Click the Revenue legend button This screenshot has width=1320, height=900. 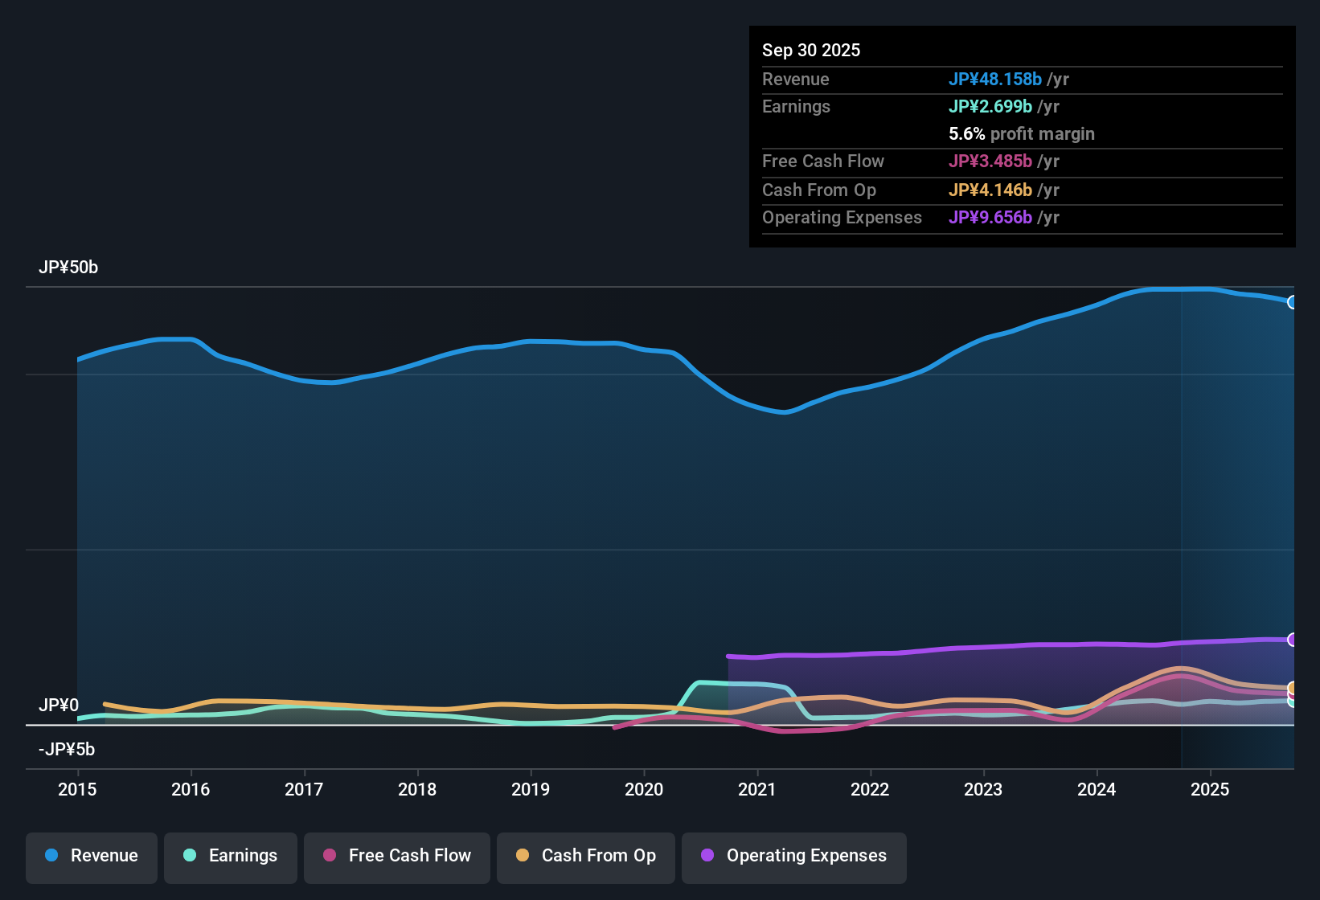point(92,857)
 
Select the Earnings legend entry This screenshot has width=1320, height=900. point(231,857)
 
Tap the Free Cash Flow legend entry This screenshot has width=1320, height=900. point(397,857)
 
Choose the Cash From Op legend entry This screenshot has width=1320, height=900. point(586,857)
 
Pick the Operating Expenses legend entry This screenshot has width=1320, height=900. point(794,857)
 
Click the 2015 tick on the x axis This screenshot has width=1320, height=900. point(77,790)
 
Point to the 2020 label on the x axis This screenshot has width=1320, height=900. point(644,790)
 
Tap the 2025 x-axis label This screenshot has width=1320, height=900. point(1210,790)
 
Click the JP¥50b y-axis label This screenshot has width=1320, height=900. point(68,268)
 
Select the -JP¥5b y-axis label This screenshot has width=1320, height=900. point(67,750)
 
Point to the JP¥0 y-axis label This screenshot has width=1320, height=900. point(59,706)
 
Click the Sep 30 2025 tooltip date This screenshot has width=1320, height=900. point(811,51)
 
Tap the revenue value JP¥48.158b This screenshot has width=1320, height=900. point(995,80)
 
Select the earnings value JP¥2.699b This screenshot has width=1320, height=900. point(990,107)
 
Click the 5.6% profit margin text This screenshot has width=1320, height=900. point(1022,134)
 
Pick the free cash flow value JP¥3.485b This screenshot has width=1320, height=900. point(990,162)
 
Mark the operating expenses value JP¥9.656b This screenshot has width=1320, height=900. point(990,218)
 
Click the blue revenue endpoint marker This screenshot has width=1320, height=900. point(1293,302)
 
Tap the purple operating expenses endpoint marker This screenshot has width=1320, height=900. point(1293,640)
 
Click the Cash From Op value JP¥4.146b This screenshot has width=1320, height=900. point(990,190)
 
